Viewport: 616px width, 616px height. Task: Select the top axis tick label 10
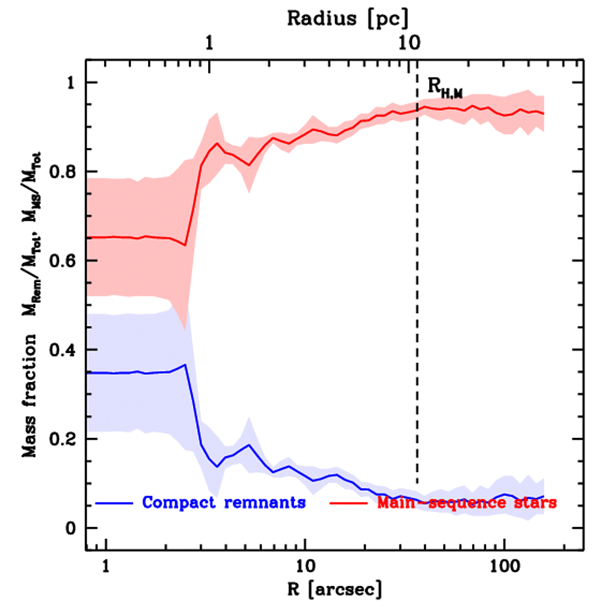coord(408,43)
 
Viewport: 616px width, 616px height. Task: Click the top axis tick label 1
coord(209,43)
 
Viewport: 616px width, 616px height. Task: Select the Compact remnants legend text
coord(224,502)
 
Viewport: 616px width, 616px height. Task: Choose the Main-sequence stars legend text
coord(466,502)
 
